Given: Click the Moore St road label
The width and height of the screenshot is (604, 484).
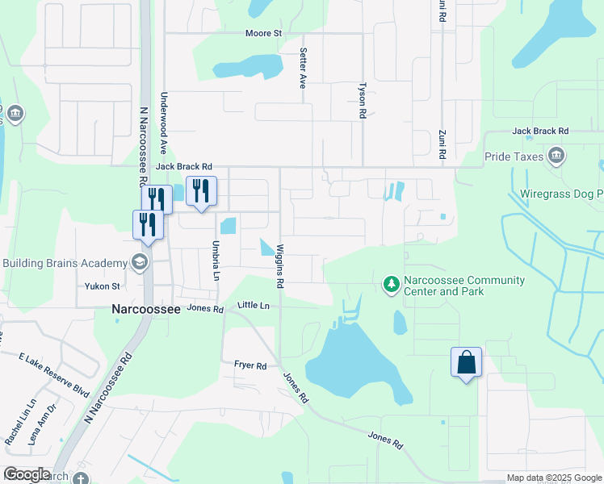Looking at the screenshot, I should pos(263,34).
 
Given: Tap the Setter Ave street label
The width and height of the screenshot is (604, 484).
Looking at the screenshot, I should pos(304,67).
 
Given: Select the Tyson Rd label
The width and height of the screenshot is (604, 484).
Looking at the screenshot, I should pos(363,100).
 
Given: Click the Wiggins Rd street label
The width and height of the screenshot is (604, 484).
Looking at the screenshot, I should pos(280,266).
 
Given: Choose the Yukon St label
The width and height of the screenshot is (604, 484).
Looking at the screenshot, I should pos(103,286).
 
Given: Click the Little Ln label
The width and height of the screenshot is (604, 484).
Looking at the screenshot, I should pos(254,307).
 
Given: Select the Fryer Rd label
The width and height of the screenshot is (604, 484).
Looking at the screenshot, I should pos(250,365).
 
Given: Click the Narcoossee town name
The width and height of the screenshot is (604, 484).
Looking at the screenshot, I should pos(141,308).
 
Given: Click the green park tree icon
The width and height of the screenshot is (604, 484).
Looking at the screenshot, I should pos(391,284).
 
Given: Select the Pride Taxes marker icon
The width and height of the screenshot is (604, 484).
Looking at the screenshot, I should pos(556,155).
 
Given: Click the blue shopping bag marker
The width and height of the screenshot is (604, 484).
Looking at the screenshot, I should pos(467,362).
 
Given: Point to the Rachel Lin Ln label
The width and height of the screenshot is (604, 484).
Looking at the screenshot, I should pos(20,421).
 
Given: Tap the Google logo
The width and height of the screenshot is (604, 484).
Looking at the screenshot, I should pos(27,474).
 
